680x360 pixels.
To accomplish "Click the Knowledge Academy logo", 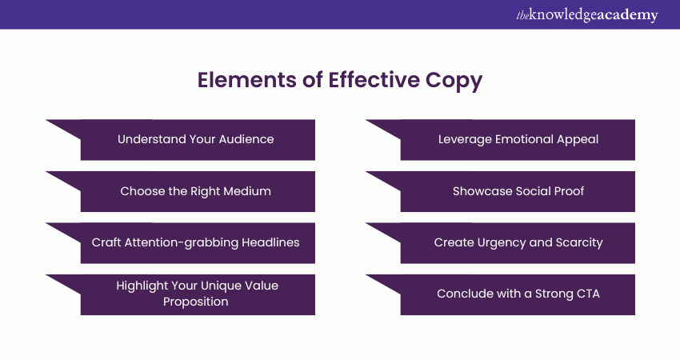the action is tap(586, 15).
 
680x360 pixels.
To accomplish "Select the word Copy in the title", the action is tap(454, 81).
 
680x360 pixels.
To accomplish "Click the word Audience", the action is tap(246, 139).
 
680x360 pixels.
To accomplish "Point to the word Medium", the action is tap(249, 191).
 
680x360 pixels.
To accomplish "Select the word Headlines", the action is tap(270, 242).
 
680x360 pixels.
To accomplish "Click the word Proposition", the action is tap(195, 302).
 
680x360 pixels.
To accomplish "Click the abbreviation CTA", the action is tap(588, 294).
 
